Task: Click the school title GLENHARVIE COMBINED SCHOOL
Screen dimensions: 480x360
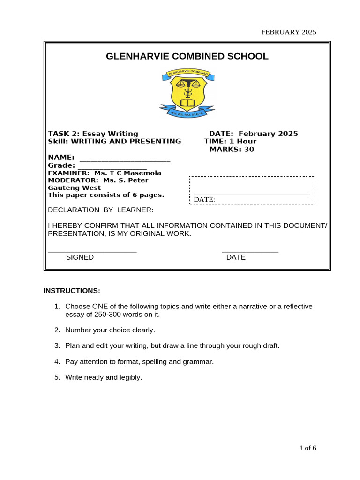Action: point(187,57)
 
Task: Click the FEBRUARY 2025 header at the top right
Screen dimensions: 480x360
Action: point(289,32)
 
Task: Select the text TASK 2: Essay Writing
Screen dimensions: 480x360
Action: point(93,134)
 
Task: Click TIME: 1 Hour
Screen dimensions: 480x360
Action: point(230,142)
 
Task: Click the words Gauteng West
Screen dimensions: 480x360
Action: point(75,187)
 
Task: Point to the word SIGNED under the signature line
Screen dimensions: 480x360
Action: point(80,257)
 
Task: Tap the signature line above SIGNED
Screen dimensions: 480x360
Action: point(92,252)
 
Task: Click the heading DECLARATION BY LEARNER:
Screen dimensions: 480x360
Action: point(101,210)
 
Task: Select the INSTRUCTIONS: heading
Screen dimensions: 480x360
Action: point(72,291)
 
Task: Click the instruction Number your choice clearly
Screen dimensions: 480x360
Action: point(110,330)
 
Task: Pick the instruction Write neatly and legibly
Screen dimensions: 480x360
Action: point(103,377)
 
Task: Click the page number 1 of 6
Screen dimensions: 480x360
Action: point(308,448)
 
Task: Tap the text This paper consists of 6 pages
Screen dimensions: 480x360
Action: point(106,195)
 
